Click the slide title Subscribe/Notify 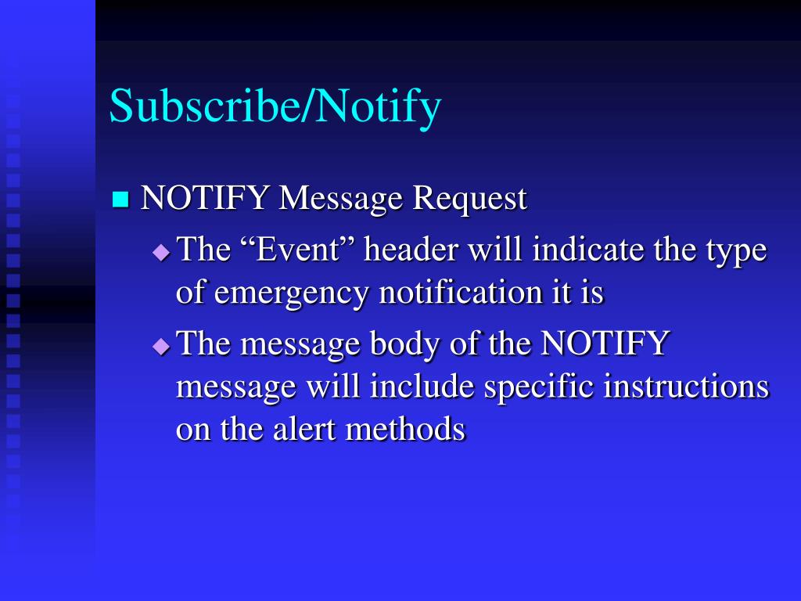(275, 106)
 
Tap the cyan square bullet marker (120, 199)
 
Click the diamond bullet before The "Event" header (161, 252)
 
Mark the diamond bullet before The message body (161, 345)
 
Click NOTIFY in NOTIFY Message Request (206, 199)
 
